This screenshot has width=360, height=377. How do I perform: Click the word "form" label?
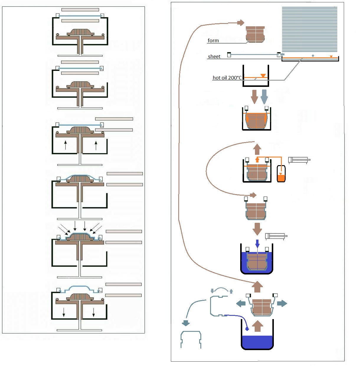pyautogui.click(x=213, y=40)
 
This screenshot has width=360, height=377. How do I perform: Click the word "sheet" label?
pyautogui.click(x=214, y=56)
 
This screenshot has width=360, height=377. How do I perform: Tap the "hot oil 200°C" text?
pyautogui.click(x=227, y=78)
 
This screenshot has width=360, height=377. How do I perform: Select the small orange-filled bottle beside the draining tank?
pyautogui.click(x=281, y=174)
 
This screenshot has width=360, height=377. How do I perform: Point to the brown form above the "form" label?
pyautogui.click(x=255, y=34)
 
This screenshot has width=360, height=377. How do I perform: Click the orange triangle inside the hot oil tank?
pyautogui.click(x=263, y=76)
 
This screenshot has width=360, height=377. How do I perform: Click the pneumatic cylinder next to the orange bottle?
pyautogui.click(x=299, y=160)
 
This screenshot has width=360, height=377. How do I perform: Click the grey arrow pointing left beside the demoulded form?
pyautogui.click(x=241, y=303)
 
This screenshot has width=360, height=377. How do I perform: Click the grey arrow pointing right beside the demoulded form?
pyautogui.click(x=282, y=303)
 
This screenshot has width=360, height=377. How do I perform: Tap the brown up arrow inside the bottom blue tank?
pyautogui.click(x=258, y=326)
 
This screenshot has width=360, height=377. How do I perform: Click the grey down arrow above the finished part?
pyautogui.click(x=186, y=323)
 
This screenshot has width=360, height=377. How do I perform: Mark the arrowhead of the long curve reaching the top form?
pyautogui.click(x=241, y=22)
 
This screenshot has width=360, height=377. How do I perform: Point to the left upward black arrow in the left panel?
pyautogui.click(x=66, y=145)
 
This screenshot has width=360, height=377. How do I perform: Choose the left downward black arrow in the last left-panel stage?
pyautogui.click(x=64, y=312)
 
